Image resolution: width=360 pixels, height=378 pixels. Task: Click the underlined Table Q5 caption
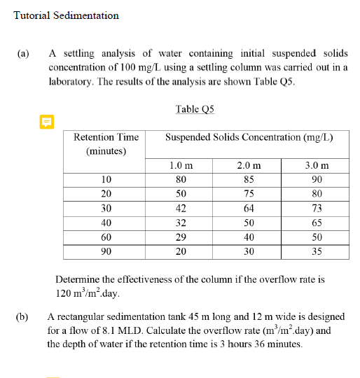(x=195, y=108)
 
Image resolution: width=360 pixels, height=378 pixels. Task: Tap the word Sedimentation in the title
(x=88, y=15)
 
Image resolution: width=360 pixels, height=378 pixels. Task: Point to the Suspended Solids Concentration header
(x=249, y=137)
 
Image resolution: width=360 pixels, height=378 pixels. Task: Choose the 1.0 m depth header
(x=181, y=166)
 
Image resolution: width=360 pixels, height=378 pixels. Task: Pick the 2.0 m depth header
(x=249, y=166)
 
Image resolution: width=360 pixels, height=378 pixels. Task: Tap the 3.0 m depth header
(x=317, y=166)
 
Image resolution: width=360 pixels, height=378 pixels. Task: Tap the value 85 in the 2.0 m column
(x=249, y=179)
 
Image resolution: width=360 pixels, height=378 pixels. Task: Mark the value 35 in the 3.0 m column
(x=317, y=251)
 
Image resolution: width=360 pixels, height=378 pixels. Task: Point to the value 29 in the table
(x=181, y=237)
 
